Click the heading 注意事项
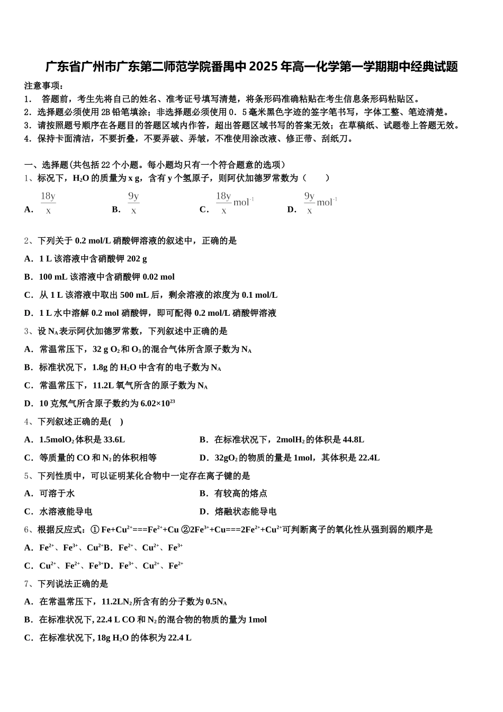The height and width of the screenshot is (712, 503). [x=44, y=86]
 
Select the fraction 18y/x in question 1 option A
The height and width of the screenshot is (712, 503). [x=48, y=203]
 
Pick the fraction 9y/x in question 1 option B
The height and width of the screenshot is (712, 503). [x=133, y=203]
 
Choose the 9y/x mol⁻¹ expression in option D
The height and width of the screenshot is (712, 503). [x=320, y=203]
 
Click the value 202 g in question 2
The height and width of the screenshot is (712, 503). [x=137, y=259]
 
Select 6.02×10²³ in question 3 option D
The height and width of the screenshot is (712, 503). [x=158, y=404]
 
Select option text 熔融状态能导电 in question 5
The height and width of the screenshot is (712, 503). [x=245, y=512]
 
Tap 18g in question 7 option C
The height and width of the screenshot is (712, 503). [x=104, y=638]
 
